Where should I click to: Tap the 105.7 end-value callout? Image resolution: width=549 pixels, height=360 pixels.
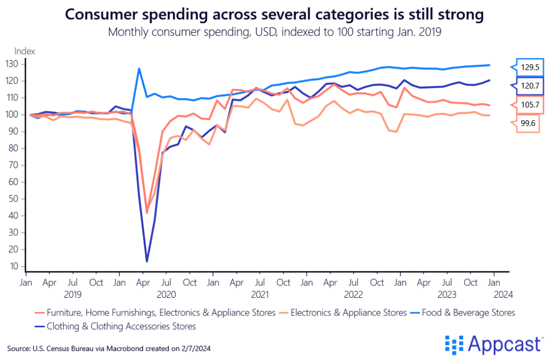click(529, 104)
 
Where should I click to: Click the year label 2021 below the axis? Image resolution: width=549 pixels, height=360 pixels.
click(260, 294)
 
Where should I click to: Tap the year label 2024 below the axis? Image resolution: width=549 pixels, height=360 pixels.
click(505, 294)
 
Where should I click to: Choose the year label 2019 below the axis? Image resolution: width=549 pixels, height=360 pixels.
click(72, 294)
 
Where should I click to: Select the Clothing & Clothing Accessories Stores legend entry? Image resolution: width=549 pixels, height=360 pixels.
click(121, 326)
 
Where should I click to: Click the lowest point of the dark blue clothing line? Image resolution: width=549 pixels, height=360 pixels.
click(147, 261)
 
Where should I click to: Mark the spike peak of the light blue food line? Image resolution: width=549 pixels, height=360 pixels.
click(139, 69)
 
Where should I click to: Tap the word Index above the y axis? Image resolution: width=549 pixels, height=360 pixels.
click(24, 52)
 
